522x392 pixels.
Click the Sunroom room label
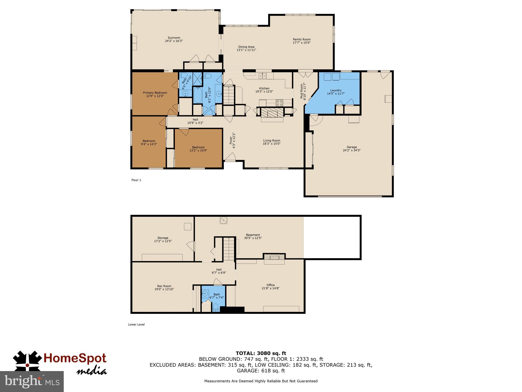[x=174, y=38]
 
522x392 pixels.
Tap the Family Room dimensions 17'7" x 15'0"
[x=302, y=43]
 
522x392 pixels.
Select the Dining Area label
[x=246, y=47]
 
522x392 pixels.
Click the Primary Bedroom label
[x=155, y=93]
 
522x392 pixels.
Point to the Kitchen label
[x=264, y=89]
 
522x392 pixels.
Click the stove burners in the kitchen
[x=279, y=103]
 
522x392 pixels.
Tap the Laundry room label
[x=336, y=90]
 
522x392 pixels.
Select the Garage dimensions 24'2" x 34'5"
[x=351, y=150]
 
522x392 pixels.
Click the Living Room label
[x=271, y=141]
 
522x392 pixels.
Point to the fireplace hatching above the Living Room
[x=272, y=112]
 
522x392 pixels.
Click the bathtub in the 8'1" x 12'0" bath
[x=197, y=95]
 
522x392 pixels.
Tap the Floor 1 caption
[x=136, y=180]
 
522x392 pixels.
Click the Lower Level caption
[x=136, y=325]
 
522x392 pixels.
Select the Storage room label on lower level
[x=163, y=238]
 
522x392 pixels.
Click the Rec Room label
[x=164, y=286]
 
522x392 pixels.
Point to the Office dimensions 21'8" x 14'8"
[x=270, y=288]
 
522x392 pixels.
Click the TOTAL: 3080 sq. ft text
[x=261, y=353]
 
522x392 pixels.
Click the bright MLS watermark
[x=32, y=381]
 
